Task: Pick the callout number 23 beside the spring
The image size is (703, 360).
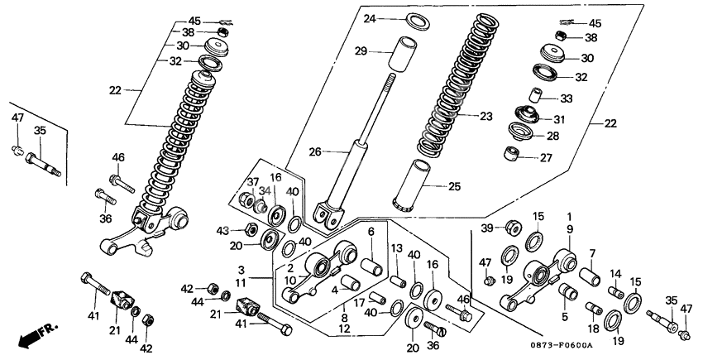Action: pyautogui.click(x=486, y=117)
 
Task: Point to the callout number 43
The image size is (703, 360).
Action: pyautogui.click(x=222, y=229)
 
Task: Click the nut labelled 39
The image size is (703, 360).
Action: pyautogui.click(x=513, y=226)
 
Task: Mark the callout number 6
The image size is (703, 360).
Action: pyautogui.click(x=371, y=232)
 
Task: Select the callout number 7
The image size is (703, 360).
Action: pyautogui.click(x=591, y=252)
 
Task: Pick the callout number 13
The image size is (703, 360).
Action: pyautogui.click(x=397, y=247)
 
